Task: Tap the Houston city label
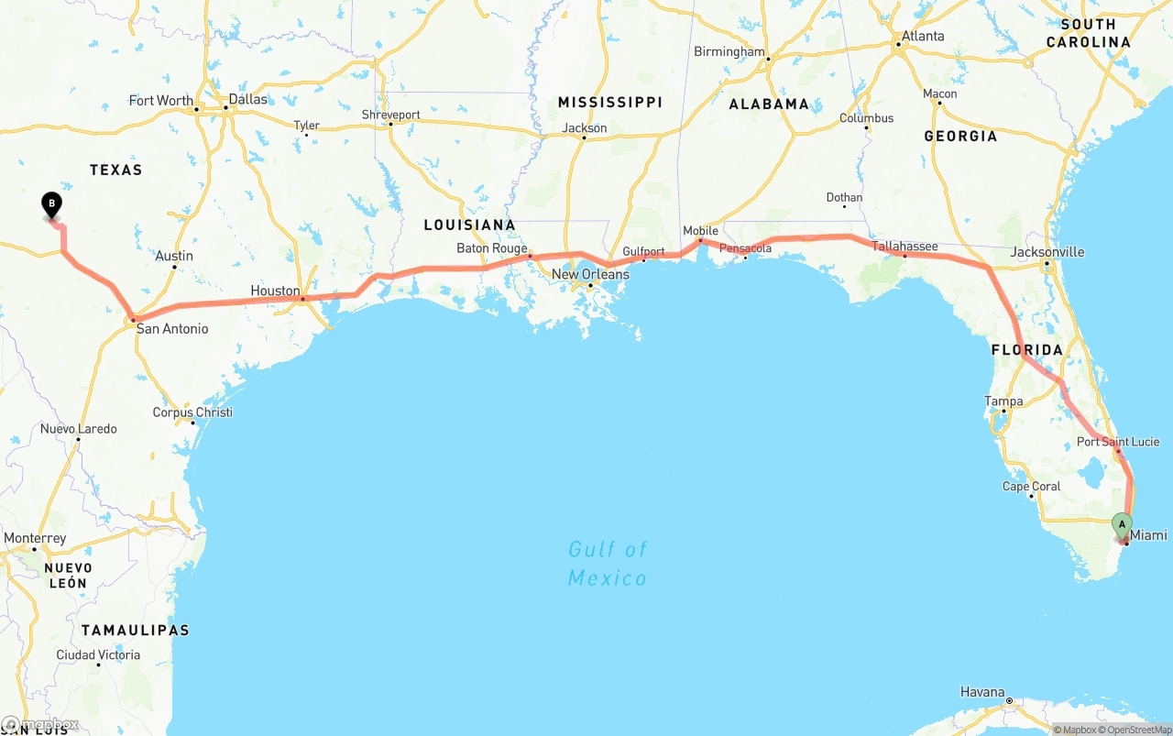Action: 275,291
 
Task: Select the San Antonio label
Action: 172,328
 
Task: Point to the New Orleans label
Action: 590,274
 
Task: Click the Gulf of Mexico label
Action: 608,563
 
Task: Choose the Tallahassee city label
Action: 904,247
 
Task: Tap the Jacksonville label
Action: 1047,252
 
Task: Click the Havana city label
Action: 982,691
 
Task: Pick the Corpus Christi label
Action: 192,412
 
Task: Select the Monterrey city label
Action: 35,538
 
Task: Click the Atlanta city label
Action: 923,37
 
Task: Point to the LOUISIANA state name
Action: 469,225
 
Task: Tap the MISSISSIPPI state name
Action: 609,102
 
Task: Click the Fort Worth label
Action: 161,101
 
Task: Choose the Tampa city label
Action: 1003,401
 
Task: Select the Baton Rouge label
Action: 492,248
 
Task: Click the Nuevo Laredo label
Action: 79,429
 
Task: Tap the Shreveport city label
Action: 390,115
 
